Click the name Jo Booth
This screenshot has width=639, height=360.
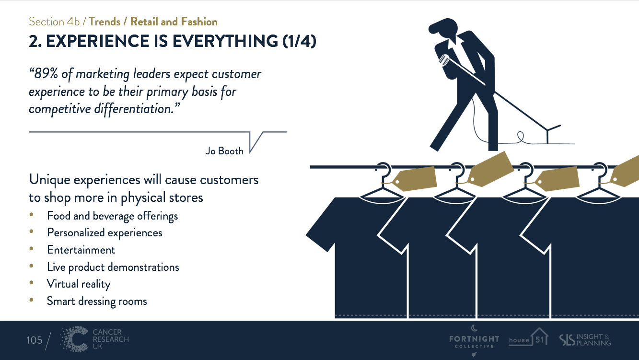(x=224, y=151)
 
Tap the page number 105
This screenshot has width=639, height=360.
(x=35, y=340)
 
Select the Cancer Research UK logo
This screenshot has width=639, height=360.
(x=95, y=339)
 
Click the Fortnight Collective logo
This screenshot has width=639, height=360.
(x=474, y=340)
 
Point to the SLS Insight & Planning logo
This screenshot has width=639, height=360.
(x=585, y=339)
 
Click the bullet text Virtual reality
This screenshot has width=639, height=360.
(x=79, y=284)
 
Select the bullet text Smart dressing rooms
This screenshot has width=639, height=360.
(x=97, y=301)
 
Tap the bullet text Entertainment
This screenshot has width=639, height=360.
(x=81, y=250)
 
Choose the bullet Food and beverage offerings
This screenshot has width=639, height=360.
(x=112, y=216)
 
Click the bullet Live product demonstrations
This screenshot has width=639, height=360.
(x=113, y=267)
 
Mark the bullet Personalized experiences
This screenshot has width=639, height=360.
(x=105, y=232)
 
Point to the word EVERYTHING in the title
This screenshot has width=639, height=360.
(x=225, y=42)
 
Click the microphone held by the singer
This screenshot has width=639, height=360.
(x=443, y=60)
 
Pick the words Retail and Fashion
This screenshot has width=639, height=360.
(x=174, y=22)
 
